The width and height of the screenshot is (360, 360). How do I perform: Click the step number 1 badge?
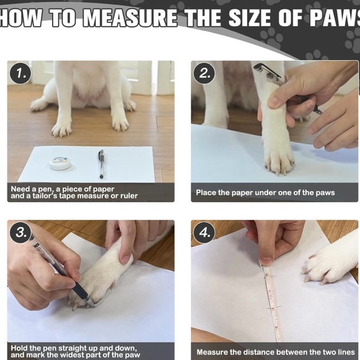pyautogui.click(x=20, y=73)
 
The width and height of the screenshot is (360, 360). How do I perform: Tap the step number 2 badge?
pyautogui.click(x=204, y=73)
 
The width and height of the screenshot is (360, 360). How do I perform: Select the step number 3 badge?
pyautogui.click(x=20, y=233)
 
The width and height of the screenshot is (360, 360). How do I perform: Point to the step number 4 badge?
pyautogui.click(x=204, y=233)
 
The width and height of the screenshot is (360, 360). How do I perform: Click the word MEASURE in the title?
pyautogui.click(x=130, y=18)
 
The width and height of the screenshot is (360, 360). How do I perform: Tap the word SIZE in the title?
pyautogui.click(x=250, y=18)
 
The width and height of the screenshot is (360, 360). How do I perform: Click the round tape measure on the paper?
pyautogui.click(x=60, y=163)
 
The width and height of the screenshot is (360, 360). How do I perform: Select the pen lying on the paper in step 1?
pyautogui.click(x=101, y=164)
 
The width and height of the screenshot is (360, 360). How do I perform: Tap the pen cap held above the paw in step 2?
pyautogui.click(x=267, y=71)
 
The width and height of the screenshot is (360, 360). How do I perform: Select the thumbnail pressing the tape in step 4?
pyautogui.click(x=266, y=261)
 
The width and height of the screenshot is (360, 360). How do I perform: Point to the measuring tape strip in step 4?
pyautogui.click(x=273, y=303)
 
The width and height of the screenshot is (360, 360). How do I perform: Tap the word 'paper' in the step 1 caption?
pyautogui.click(x=104, y=189)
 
